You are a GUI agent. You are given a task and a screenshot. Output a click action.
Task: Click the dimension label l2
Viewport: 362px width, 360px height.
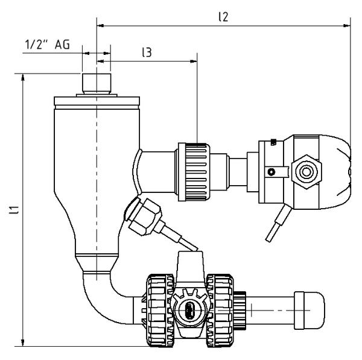pyautogui.click(x=223, y=17)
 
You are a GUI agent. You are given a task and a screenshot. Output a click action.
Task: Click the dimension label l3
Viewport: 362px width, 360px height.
pyautogui.click(x=147, y=52)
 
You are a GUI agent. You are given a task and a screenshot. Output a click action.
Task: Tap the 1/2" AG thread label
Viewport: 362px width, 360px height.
pyautogui.click(x=47, y=45)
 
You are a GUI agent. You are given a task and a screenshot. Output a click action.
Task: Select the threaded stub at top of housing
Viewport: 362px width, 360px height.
pyautogui.click(x=97, y=84)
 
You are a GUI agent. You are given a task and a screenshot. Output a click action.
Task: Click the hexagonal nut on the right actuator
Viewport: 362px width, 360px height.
pyautogui.click(x=306, y=172)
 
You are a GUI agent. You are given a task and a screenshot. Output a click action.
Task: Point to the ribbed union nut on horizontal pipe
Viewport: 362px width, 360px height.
pyautogui.click(x=194, y=172)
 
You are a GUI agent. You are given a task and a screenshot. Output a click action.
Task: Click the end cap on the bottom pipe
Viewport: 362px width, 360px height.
pyautogui.click(x=310, y=311)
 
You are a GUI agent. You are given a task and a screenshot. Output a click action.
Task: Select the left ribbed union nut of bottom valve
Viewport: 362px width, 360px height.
pyautogui.click(x=160, y=311)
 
